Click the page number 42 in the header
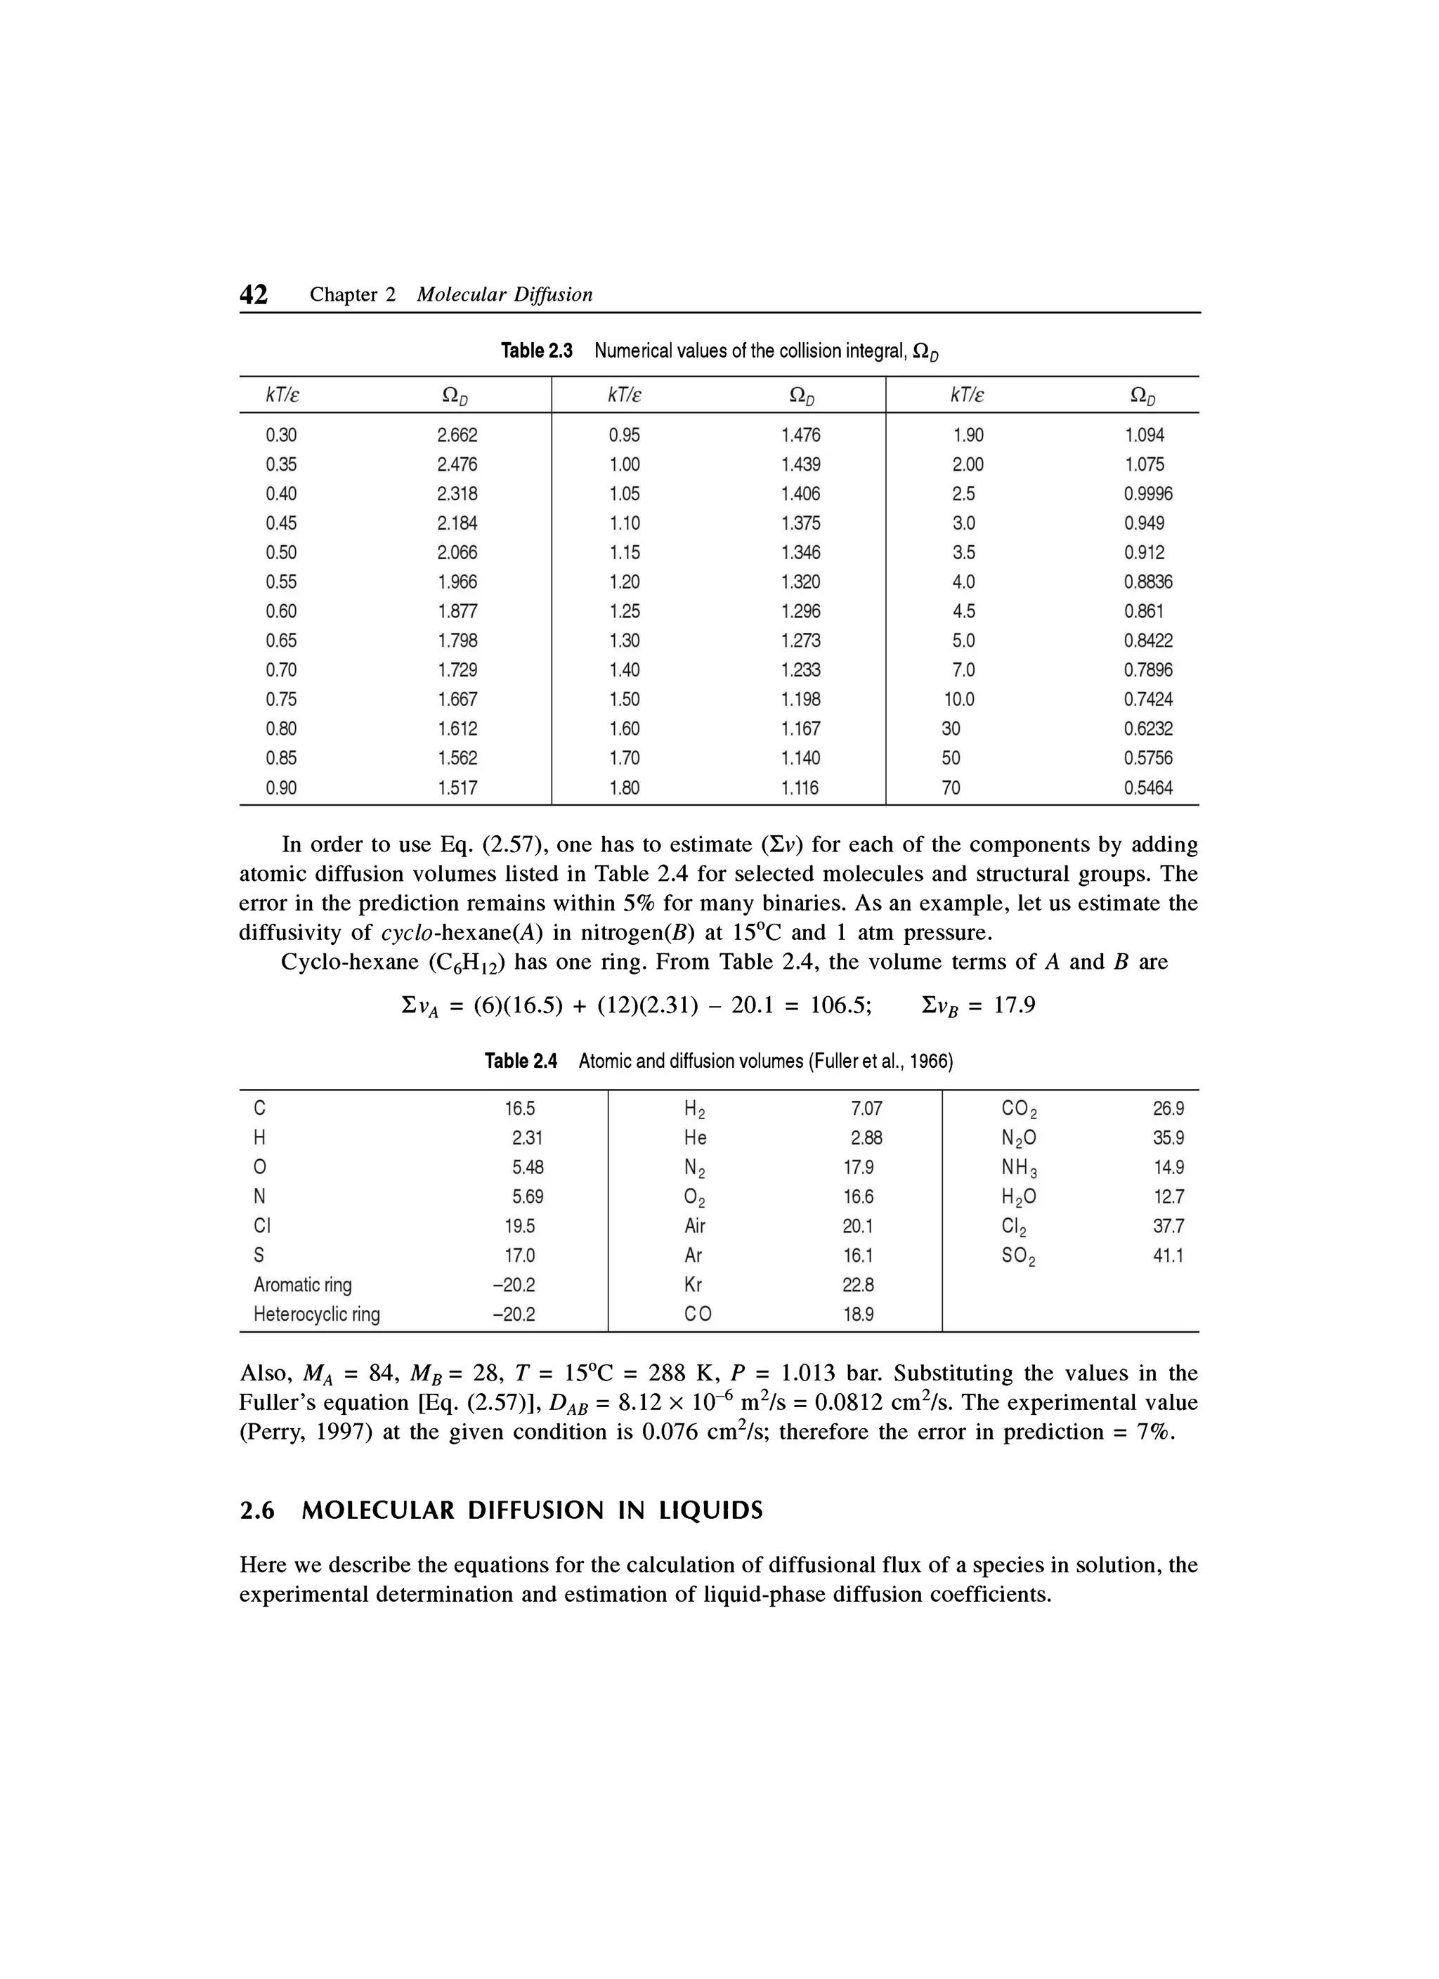254,295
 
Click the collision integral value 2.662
457,436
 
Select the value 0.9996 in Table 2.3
1148,494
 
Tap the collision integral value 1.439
800,464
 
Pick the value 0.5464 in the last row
1148,788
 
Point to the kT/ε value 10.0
959,700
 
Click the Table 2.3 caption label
537,351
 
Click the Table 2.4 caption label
521,1061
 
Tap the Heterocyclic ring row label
317,1314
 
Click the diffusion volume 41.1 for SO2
1168,1255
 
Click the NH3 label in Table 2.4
1020,1168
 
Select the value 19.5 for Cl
519,1226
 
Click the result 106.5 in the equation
840,1006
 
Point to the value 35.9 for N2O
1168,1138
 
